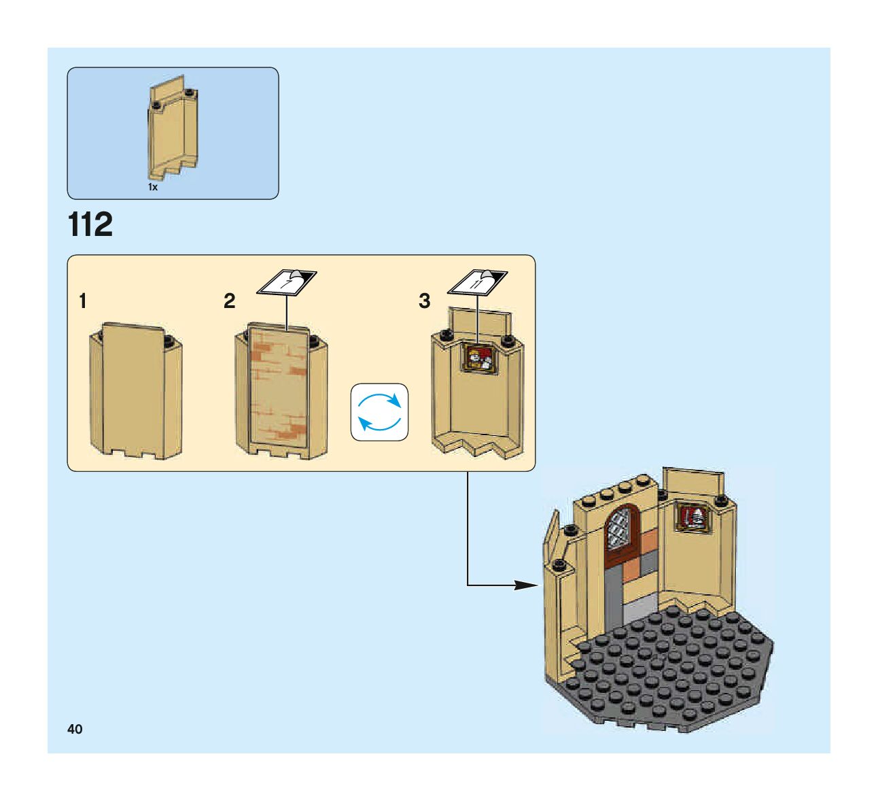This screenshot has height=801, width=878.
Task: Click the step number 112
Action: point(90,225)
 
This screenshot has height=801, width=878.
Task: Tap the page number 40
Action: point(75,729)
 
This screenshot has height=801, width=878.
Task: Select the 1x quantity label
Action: point(153,187)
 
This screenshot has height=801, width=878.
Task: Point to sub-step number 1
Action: point(83,301)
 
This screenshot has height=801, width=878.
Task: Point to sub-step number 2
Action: point(230,301)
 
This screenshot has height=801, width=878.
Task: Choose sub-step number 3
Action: point(425,301)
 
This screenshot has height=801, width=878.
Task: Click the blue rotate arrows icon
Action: point(379,412)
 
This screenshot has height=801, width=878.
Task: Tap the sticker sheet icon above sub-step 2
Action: point(287,282)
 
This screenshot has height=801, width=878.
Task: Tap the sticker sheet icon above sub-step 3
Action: point(480,282)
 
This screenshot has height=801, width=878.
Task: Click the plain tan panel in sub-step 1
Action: point(135,391)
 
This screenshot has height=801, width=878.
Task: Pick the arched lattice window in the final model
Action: point(620,528)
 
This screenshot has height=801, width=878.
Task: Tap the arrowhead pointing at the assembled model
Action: point(525,585)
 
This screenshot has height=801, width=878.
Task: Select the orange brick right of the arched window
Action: point(648,541)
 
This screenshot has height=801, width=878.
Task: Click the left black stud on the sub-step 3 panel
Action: point(446,335)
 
